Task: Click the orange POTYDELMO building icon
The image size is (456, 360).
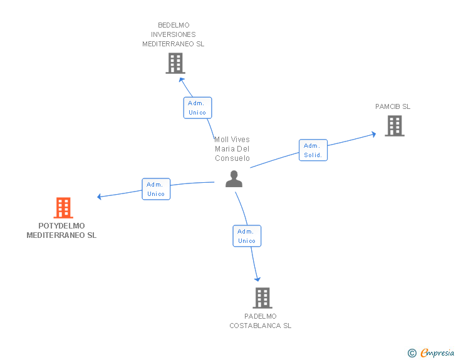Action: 63,208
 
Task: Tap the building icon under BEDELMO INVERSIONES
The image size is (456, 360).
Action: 175,63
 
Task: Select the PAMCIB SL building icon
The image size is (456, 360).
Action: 395,126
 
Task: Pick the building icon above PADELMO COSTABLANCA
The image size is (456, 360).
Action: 262,298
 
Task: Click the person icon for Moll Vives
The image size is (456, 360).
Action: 234,179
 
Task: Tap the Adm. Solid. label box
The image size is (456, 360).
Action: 313,150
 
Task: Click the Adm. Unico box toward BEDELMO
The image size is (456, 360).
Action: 197,108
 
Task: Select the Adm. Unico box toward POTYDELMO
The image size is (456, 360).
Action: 156,189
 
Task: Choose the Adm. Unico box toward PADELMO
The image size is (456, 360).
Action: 247,236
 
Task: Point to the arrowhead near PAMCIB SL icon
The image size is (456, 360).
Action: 374,135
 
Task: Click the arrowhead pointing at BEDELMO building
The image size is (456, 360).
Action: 181,80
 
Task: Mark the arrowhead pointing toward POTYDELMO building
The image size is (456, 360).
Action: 99,197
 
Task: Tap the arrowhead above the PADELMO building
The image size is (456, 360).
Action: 257,279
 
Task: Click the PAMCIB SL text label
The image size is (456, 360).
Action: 393,106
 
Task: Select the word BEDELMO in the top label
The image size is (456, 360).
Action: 174,25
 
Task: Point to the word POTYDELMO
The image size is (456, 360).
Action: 61,226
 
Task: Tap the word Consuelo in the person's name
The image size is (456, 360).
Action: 232,158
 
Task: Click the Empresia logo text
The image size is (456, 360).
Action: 437,352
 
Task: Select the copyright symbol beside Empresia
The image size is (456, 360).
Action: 412,353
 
